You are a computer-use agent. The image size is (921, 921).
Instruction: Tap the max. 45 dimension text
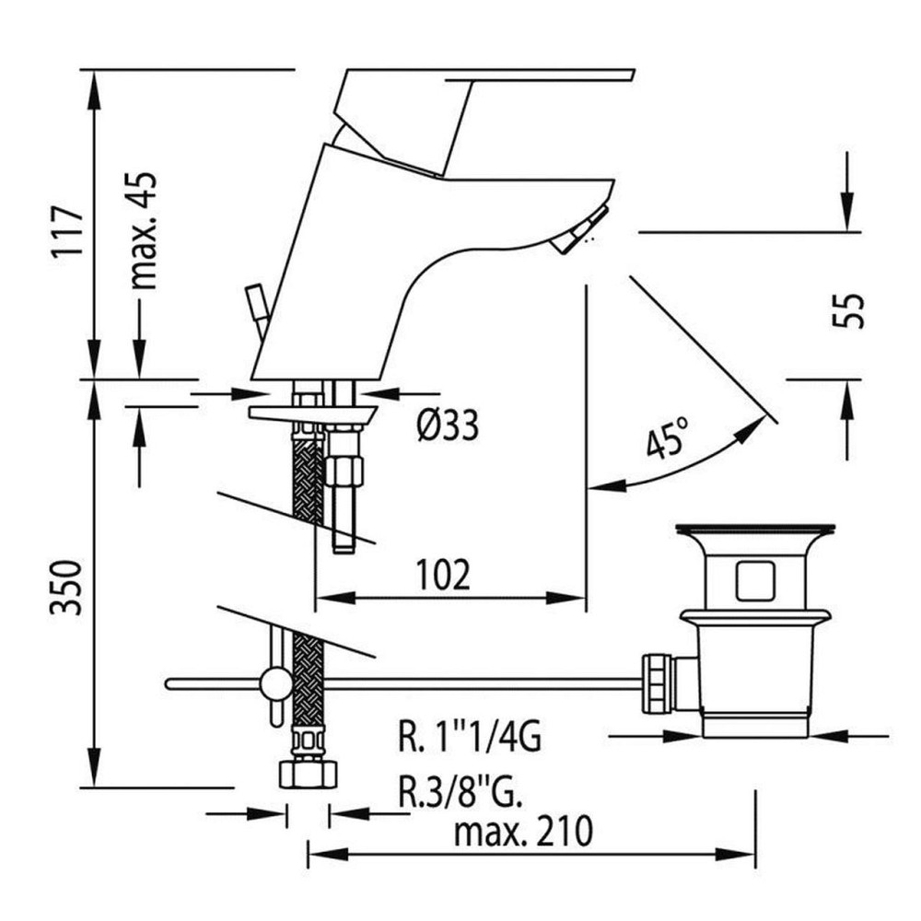click(x=145, y=230)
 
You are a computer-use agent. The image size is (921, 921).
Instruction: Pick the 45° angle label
click(x=667, y=438)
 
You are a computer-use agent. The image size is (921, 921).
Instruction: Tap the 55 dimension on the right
click(x=852, y=311)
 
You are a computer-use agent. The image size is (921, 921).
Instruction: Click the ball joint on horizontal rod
click(x=274, y=684)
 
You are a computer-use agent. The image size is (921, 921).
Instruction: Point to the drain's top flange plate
click(x=755, y=530)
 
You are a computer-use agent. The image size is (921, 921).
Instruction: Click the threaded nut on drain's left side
click(x=658, y=683)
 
